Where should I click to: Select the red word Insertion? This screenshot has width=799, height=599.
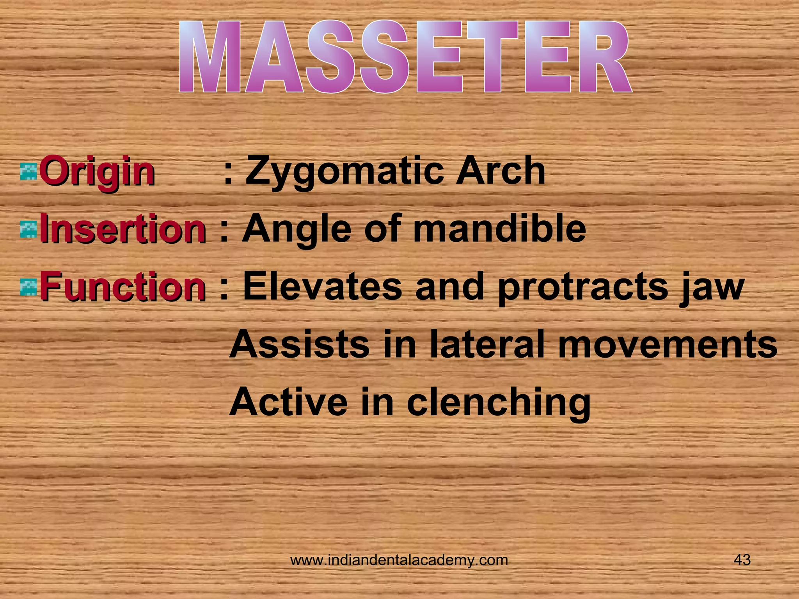pos(123,229)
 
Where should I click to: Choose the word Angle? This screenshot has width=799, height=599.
pos(297,229)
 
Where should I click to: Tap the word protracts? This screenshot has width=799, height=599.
pos(583,288)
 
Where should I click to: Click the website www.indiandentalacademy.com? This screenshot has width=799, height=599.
pos(399,560)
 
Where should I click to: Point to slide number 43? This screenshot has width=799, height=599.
pos(742,560)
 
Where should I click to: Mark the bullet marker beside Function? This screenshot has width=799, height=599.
pos(28,287)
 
